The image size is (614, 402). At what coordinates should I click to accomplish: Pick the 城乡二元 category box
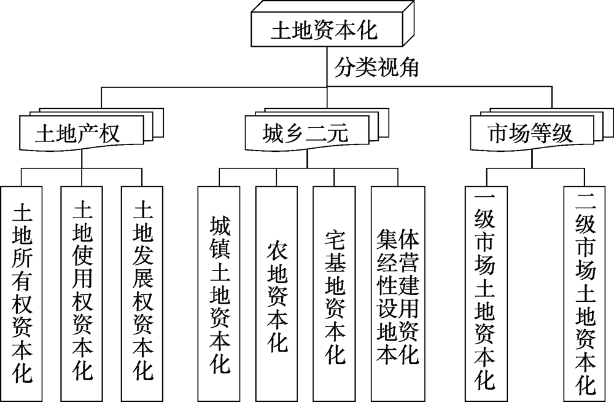pyautogui.click(x=306, y=132)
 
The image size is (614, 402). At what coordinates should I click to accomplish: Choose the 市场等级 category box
pyautogui.click(x=529, y=132)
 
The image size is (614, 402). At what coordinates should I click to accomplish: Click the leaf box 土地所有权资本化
pyautogui.click(x=22, y=293)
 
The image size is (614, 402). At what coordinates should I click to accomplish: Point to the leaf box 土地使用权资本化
pyautogui.click(x=82, y=293)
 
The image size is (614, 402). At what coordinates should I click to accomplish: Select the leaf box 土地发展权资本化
pyautogui.click(x=142, y=293)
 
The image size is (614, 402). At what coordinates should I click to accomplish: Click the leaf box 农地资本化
pyautogui.click(x=277, y=293)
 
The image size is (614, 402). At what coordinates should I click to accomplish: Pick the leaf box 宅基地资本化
pyautogui.click(x=335, y=293)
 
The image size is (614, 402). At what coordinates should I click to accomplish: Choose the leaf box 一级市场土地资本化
pyautogui.click(x=484, y=293)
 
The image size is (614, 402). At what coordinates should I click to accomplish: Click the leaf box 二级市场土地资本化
pyautogui.click(x=586, y=293)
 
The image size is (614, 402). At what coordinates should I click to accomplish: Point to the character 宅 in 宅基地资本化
pyautogui.click(x=335, y=239)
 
